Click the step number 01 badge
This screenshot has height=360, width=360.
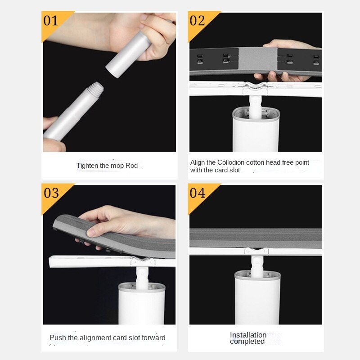tap(51, 21)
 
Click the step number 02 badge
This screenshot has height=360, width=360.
tap(197, 21)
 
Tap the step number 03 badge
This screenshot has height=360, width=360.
tap(51, 193)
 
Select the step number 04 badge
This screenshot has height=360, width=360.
tap(197, 193)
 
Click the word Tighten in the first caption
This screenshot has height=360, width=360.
tap(87, 166)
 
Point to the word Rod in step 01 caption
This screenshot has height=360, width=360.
tap(131, 166)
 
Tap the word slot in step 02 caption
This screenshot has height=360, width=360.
tap(234, 170)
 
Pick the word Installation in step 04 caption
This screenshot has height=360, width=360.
tap(248, 335)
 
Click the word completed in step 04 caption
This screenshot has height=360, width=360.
tap(247, 342)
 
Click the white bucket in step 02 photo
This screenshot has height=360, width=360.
tap(256, 130)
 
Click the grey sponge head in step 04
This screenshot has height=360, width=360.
tap(256, 238)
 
